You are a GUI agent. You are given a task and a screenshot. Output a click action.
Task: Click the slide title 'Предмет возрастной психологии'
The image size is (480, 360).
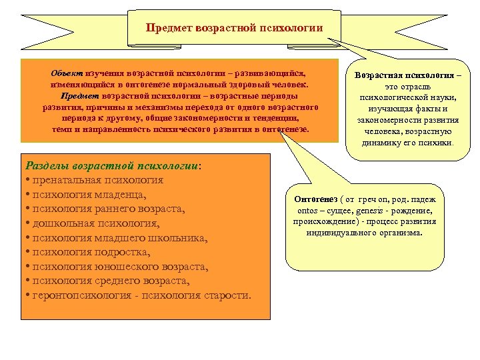[x=234, y=28]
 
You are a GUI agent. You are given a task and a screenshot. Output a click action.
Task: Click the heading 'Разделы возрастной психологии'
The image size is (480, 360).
[x=111, y=165]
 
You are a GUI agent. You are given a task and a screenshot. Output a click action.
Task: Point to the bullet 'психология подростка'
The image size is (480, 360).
[x=87, y=253]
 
